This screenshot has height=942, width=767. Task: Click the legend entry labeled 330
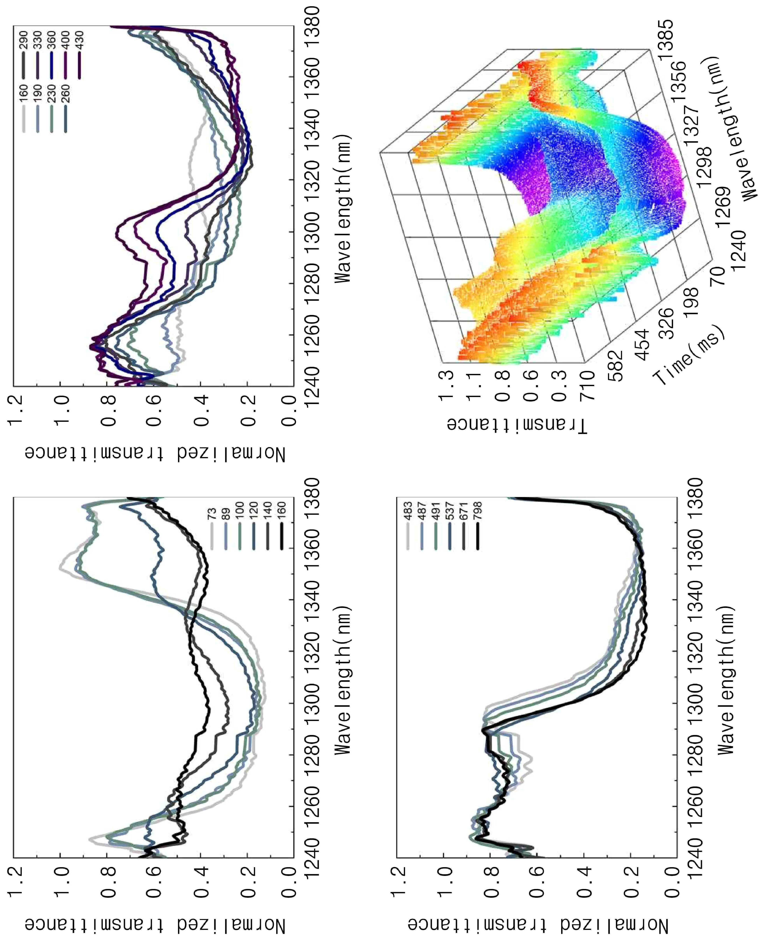tap(38, 55)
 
